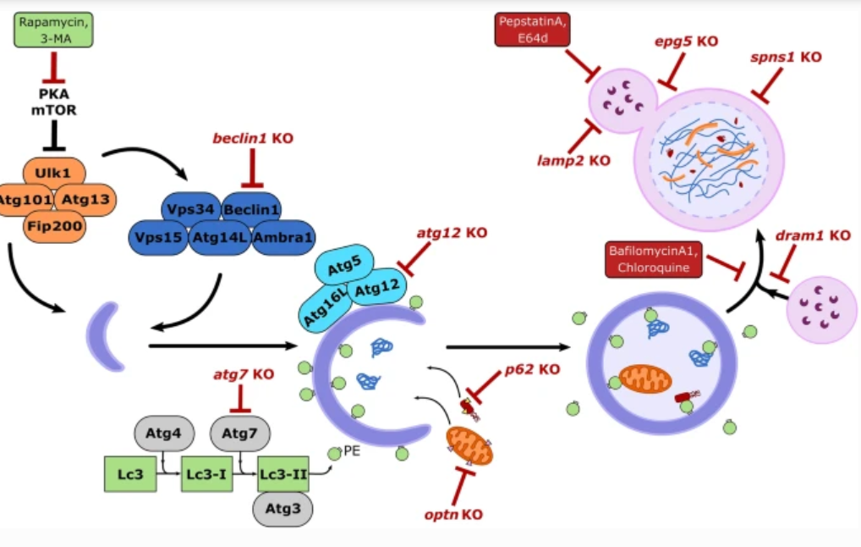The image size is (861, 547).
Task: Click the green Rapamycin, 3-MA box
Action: click(x=53, y=30)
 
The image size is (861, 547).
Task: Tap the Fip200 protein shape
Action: click(x=53, y=227)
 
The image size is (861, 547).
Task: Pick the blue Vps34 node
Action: click(x=189, y=207)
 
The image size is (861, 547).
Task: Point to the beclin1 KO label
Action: click(x=252, y=138)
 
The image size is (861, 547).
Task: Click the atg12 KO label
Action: click(x=452, y=233)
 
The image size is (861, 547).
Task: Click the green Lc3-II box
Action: click(x=283, y=474)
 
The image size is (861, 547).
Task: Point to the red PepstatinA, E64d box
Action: click(x=532, y=30)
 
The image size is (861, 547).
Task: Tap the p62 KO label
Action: click(x=533, y=369)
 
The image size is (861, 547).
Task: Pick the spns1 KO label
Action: click(x=786, y=58)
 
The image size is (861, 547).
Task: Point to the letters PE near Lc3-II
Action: click(x=352, y=451)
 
